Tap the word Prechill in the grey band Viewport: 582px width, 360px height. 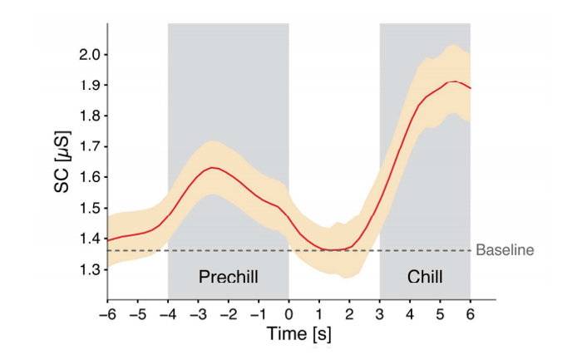pos(228,276)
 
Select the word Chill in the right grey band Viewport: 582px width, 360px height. pos(425,276)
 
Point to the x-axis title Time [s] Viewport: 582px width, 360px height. pos(289,334)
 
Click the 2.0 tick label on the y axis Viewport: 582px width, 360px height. pos(89,55)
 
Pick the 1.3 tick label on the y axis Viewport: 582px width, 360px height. pos(89,269)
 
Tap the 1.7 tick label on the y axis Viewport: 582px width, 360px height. pos(89,146)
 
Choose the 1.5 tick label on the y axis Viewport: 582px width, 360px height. pos(89,208)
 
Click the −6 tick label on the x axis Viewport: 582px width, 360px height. pos(106,314)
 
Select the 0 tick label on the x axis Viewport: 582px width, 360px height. pos(289,314)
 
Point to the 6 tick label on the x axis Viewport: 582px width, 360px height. pos(471,314)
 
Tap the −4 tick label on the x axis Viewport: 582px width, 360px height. pos(166,314)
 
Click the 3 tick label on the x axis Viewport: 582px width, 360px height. pos(380,314)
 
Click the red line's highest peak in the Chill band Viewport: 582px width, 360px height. pos(454,81)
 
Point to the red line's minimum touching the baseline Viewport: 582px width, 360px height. pos(333,249)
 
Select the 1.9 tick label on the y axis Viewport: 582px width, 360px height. pos(89,86)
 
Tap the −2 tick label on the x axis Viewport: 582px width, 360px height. pos(227,314)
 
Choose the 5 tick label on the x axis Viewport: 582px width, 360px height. pos(441,314)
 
